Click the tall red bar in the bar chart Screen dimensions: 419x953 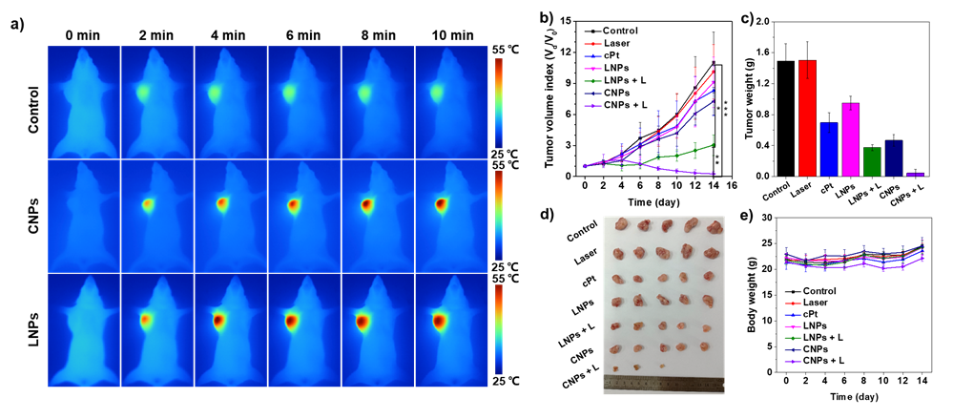click(807, 118)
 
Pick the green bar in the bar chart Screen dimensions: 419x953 click(872, 161)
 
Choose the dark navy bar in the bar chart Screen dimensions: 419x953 click(894, 158)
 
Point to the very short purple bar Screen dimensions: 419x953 click(915, 175)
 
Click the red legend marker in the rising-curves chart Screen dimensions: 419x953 click(592, 44)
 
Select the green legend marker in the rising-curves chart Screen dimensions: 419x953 click(592, 81)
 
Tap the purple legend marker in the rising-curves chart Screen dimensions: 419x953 click(592, 106)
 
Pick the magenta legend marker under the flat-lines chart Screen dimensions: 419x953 click(793, 326)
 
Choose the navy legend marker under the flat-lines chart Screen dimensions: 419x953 click(793, 350)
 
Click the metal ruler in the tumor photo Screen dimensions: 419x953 click(663, 385)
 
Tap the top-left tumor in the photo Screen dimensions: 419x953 click(621, 224)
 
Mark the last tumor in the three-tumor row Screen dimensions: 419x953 click(662, 367)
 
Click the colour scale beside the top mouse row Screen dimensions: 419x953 click(499, 103)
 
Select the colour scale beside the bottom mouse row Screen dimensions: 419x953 click(499, 329)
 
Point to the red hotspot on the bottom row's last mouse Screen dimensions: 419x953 click(440, 322)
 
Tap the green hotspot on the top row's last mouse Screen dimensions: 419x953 click(437, 94)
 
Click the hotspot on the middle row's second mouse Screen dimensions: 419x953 click(148, 204)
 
